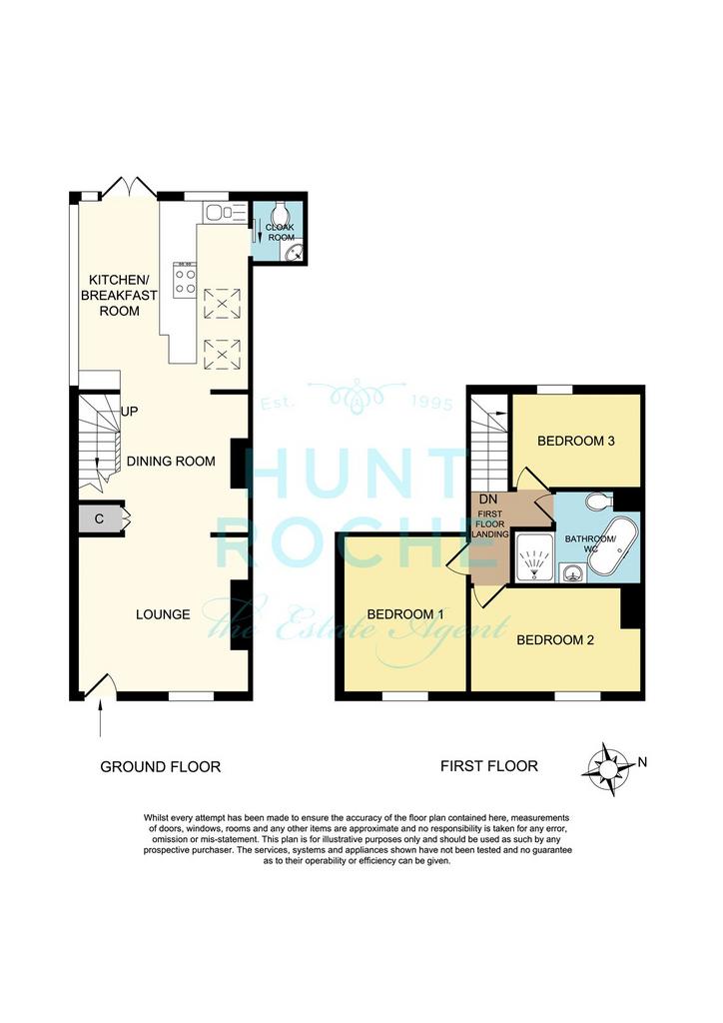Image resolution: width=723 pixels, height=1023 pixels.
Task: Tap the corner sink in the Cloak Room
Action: click(296, 253)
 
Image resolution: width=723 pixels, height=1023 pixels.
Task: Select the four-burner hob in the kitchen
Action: click(185, 280)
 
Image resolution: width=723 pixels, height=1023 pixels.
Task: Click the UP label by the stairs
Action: click(129, 412)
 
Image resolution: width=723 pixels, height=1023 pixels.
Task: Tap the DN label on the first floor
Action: click(488, 500)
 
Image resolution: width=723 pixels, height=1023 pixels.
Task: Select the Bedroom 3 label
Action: click(575, 441)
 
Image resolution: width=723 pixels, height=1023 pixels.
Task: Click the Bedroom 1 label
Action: click(405, 614)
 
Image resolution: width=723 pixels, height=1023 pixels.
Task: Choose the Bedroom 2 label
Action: click(555, 640)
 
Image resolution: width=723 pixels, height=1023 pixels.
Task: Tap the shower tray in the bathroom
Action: click(533, 557)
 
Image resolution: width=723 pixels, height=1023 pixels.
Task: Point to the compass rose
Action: click(608, 769)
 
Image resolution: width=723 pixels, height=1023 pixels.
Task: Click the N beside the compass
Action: click(643, 761)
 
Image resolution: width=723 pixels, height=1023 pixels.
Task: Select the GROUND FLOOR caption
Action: click(161, 766)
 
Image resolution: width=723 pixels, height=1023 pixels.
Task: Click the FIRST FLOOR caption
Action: click(489, 766)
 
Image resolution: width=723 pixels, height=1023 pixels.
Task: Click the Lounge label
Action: click(163, 614)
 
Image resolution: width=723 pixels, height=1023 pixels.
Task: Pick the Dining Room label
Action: click(171, 462)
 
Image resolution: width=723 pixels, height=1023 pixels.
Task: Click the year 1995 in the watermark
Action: click(432, 405)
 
